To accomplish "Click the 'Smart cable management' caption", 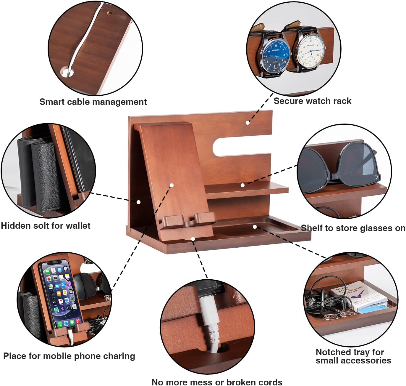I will point(93,102).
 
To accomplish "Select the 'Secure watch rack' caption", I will point(312,101).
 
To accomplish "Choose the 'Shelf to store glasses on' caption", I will point(353,228).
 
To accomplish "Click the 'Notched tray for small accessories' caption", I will point(353,356).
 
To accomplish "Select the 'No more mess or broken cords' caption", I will point(217,382).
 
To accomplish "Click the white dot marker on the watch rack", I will point(248,123).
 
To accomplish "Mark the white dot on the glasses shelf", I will point(242,185).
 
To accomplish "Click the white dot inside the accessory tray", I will point(255,227).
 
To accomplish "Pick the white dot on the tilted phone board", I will point(172,185).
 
